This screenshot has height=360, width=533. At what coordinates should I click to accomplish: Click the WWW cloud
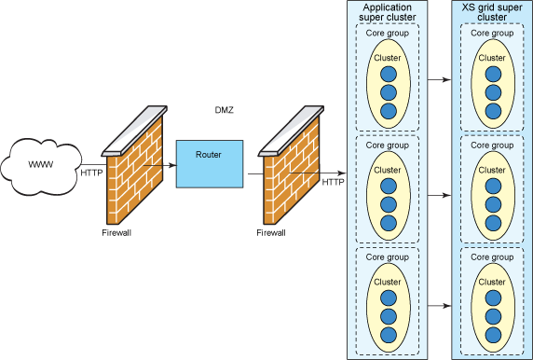(x=40, y=165)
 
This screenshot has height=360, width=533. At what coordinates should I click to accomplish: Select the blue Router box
(x=210, y=162)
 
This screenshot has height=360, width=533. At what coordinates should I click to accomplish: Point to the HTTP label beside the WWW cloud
(x=91, y=173)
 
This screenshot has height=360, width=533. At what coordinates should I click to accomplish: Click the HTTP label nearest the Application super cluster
(x=333, y=182)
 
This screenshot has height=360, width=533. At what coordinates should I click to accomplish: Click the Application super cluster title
(x=386, y=11)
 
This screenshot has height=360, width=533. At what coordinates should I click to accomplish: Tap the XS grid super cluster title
(x=492, y=11)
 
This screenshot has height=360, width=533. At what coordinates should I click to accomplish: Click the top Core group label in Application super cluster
(x=386, y=34)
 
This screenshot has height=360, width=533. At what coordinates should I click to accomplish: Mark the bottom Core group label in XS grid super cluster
(x=492, y=256)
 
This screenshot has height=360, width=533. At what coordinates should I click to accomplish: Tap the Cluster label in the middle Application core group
(x=387, y=171)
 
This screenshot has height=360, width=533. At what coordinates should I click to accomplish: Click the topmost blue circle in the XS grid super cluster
(x=492, y=75)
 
